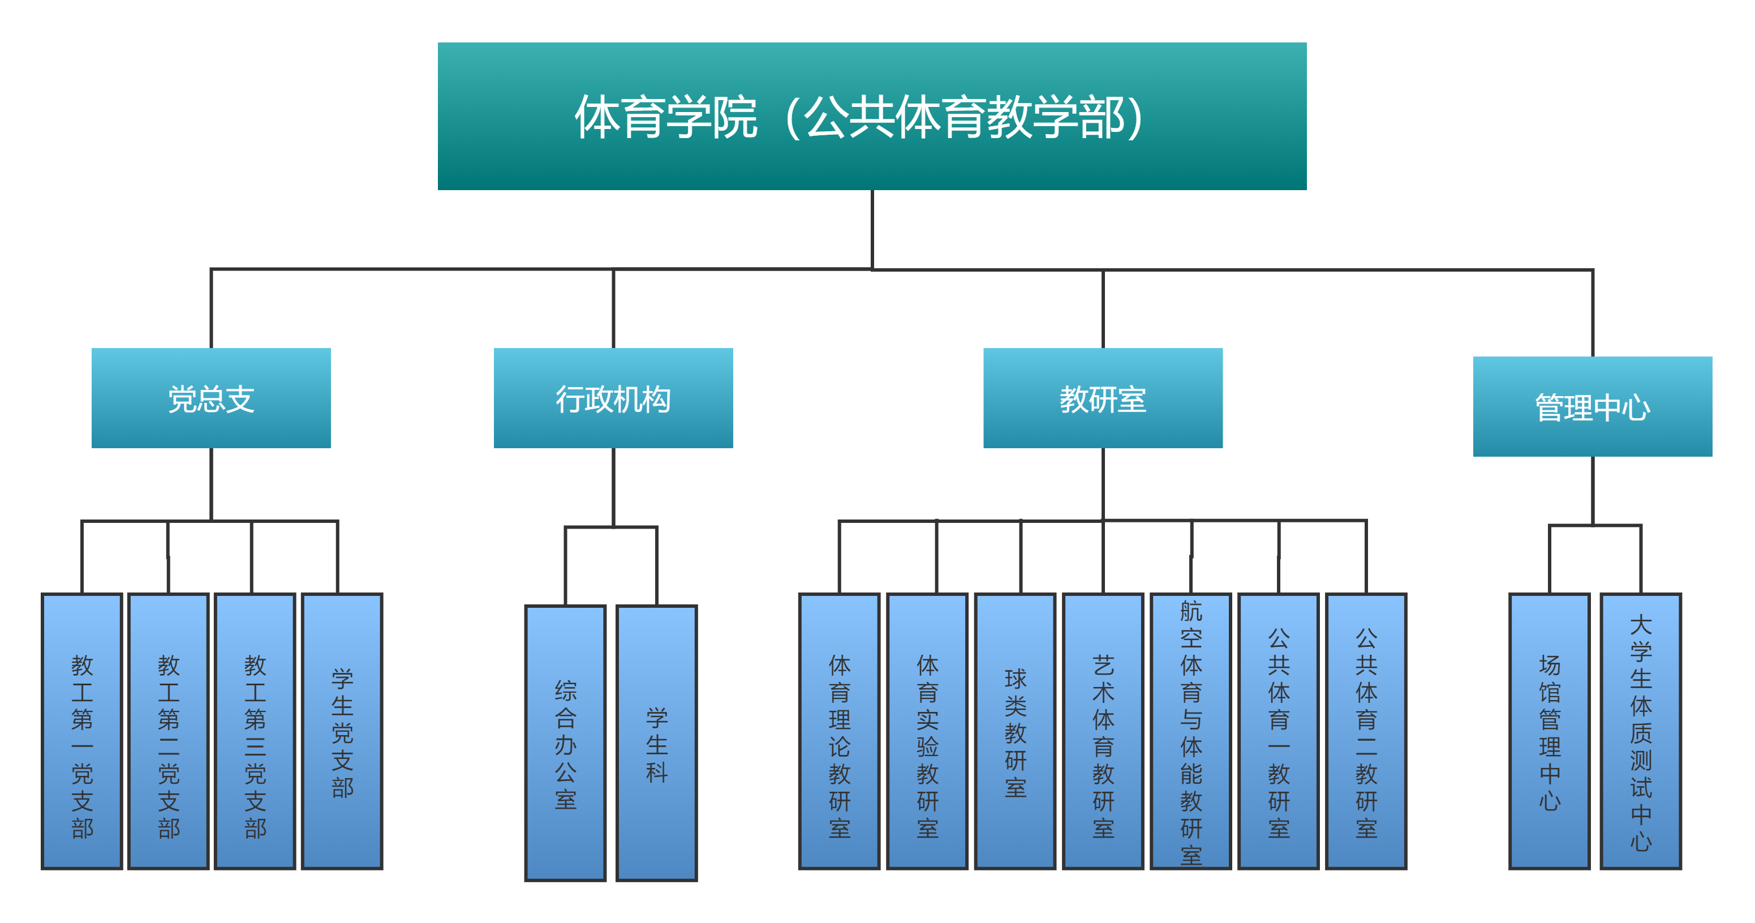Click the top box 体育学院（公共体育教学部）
872,116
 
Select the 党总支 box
211,398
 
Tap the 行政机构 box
613,398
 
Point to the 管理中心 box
1592,406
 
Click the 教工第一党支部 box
82,731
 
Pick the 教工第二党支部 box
168,731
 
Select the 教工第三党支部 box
255,731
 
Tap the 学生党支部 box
342,731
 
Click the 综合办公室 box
565,743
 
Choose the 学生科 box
657,743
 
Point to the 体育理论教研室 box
840,731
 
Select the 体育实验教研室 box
927,731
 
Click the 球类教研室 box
1015,731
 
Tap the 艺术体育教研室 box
1103,731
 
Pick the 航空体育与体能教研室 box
1191,731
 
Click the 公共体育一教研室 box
1279,731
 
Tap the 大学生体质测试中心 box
1641,731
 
